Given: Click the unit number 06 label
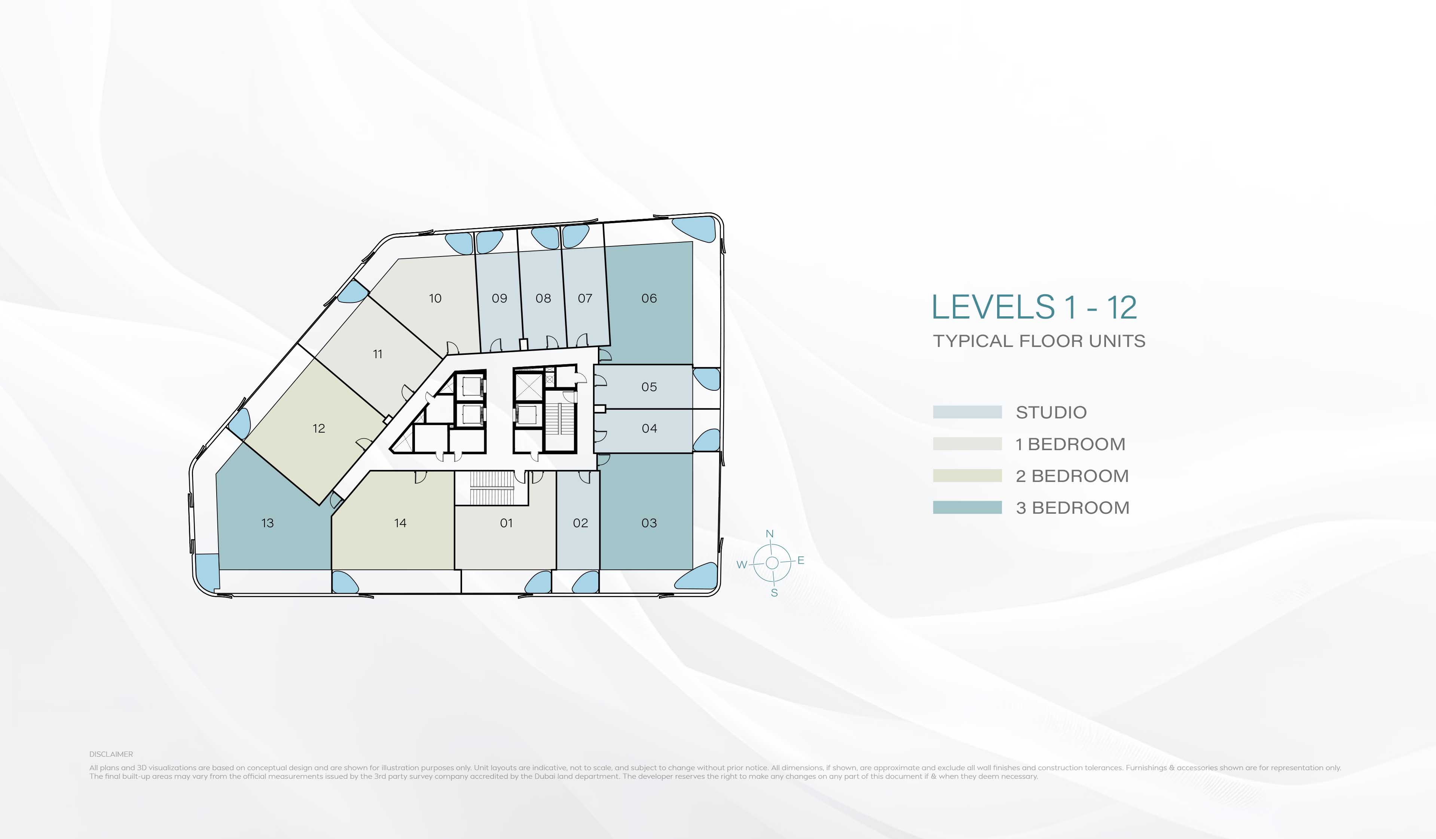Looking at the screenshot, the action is pos(649,298).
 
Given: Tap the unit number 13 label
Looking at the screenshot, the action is pos(267,523).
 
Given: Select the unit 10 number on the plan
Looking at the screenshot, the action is pos(435,298).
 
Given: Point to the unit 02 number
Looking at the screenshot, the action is pos(580,523).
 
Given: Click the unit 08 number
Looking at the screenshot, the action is pos(543,298).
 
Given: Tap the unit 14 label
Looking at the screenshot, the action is pos(400,523).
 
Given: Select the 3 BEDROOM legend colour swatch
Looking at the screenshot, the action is pos(967,507).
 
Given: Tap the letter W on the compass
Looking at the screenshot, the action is pos(741,565).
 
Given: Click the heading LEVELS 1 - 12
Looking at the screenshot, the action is pos(1034,308).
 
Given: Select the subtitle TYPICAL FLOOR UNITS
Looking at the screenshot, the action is pos(1039,341).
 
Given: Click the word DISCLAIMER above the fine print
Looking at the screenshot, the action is pos(111,754).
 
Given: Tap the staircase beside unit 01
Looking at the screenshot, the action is pos(492,488).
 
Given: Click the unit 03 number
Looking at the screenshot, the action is pos(649,523).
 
